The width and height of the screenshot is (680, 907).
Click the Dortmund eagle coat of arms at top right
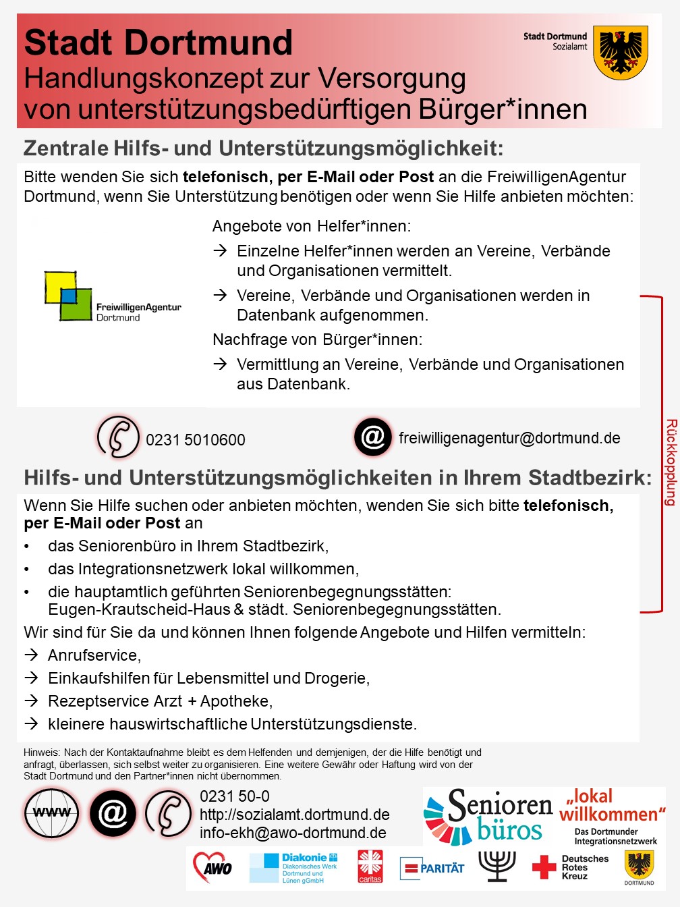pos(621,52)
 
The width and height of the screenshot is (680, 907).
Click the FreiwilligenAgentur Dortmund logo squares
pos(67,296)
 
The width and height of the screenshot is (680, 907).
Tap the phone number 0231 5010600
pos(195,440)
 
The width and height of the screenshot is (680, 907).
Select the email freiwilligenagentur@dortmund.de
pos(509,438)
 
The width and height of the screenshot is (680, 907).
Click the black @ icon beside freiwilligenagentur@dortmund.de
pos(373,437)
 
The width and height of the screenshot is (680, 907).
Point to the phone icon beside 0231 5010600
pos(118,437)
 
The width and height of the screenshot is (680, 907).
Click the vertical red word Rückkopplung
pos(671,462)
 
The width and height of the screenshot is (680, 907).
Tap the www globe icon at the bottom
pos(52,813)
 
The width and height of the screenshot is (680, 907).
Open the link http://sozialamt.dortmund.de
pos(294,815)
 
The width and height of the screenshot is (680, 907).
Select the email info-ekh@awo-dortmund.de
pos(293,833)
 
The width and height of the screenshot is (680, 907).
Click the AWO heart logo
pos(213,867)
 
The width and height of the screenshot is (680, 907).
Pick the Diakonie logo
pos(293,868)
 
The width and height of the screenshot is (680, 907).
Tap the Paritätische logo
pos(432,869)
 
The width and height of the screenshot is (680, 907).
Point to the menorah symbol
pos(497,866)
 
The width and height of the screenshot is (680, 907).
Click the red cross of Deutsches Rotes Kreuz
pos(544,867)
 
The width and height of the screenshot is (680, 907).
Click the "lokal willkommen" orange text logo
pos(612,805)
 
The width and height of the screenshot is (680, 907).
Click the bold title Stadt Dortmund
pos(159,43)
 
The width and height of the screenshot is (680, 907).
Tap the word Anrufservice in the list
pos(94,655)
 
